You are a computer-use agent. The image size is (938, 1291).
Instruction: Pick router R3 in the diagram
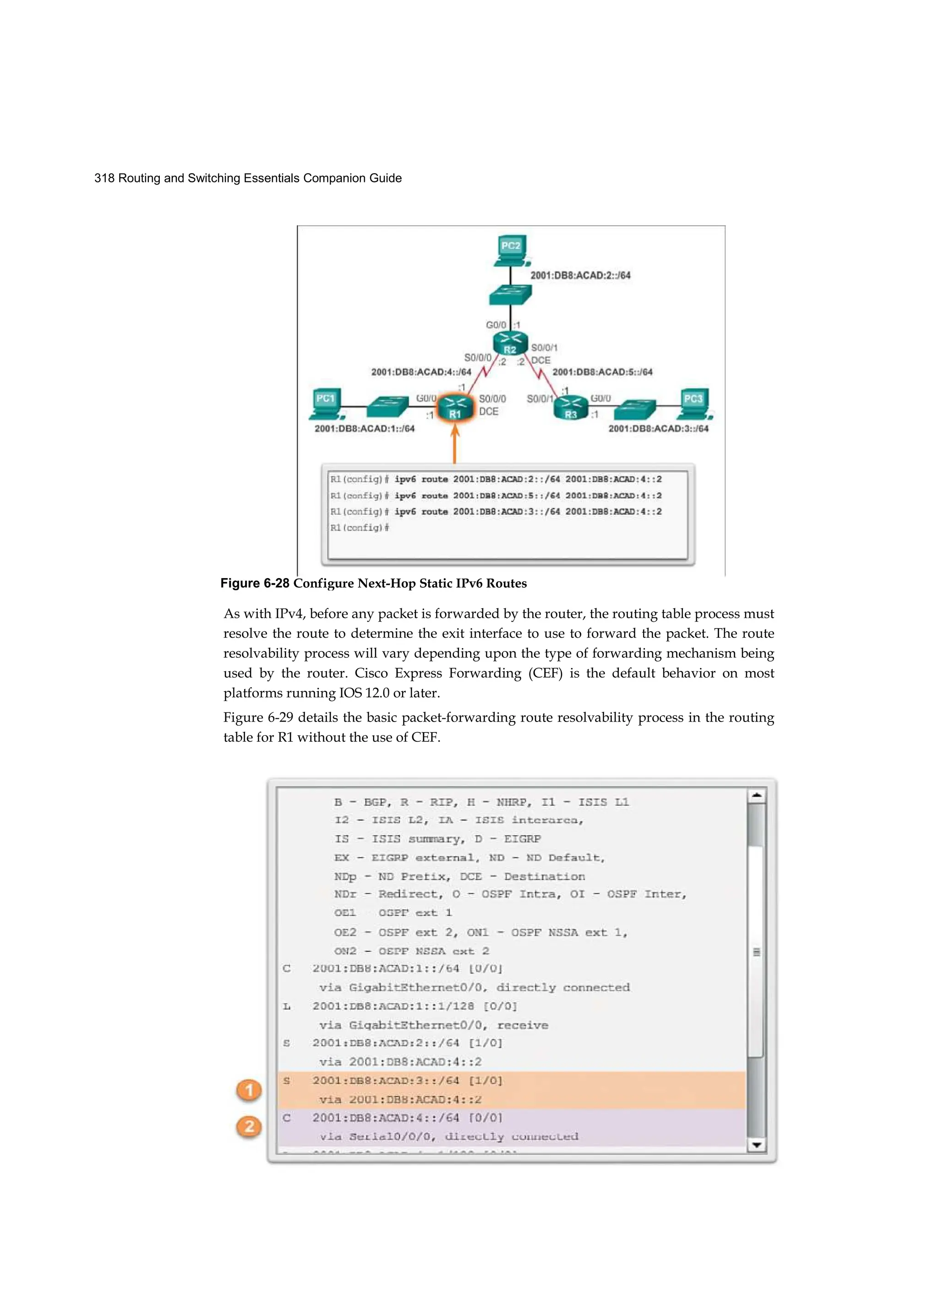pyautogui.click(x=571, y=408)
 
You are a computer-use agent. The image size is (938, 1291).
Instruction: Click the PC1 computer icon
pyautogui.click(x=327, y=404)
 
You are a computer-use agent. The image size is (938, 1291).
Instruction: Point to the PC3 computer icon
pyautogui.click(x=694, y=404)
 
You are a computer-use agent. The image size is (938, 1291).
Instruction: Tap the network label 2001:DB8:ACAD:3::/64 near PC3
pyautogui.click(x=658, y=429)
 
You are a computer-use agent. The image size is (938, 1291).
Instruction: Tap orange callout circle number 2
pyautogui.click(x=249, y=1127)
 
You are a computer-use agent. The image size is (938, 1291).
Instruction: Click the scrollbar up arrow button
pyautogui.click(x=757, y=796)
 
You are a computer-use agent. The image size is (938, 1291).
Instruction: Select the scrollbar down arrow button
pyautogui.click(x=757, y=1145)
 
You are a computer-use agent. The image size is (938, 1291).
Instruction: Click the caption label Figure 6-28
pyautogui.click(x=254, y=584)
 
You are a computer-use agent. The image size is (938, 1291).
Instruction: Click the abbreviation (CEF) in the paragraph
pyautogui.click(x=545, y=673)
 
